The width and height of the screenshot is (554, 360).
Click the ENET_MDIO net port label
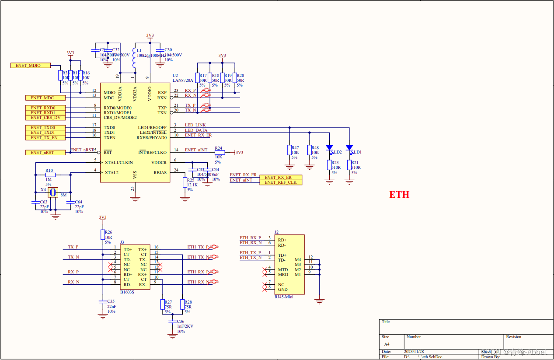pos(30,65)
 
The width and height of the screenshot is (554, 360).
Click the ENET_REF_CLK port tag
pos(281,182)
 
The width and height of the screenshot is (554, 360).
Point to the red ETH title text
pos(399,195)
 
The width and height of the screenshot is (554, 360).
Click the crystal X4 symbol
pos(53,192)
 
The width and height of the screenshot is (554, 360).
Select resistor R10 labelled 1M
pos(50,175)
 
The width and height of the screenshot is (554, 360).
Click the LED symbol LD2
pos(329,148)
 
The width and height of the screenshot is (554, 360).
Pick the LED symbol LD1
pos(349,148)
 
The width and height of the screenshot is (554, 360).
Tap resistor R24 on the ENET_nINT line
pos(219,152)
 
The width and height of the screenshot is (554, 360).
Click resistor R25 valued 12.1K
pos(185,182)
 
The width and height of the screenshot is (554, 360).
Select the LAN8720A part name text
pos(183,80)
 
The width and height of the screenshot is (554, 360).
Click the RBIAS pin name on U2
pos(160,172)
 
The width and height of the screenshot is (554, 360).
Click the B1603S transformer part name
pos(127,292)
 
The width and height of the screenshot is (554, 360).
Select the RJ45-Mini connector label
pos(283,297)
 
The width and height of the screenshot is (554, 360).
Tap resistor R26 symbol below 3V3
pos(102,235)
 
